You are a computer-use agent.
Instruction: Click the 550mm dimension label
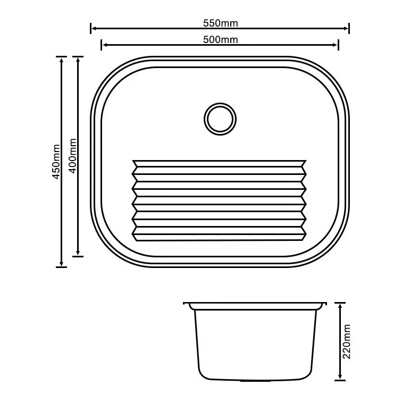[x=221, y=23]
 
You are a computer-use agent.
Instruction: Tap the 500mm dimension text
[x=221, y=40]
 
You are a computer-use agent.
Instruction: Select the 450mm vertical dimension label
[x=56, y=162]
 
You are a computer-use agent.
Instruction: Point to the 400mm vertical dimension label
[x=73, y=156]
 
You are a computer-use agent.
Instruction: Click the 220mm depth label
[x=346, y=341]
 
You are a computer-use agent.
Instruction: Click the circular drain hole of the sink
[x=220, y=119]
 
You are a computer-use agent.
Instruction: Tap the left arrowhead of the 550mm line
[x=94, y=29]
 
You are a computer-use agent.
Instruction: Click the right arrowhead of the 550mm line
[x=346, y=29]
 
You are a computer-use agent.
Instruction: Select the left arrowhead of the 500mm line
[x=105, y=45]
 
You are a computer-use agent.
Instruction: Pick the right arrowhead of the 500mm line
[x=335, y=45]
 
